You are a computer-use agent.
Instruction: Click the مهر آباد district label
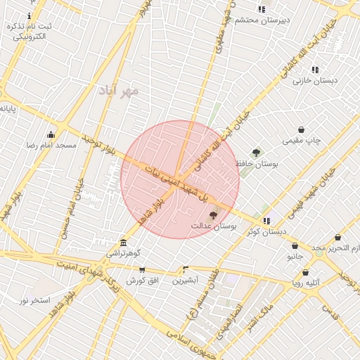coord(120,91)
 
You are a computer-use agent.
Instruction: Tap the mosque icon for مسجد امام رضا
coord(51,135)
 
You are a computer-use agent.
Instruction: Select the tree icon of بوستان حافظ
coord(256,153)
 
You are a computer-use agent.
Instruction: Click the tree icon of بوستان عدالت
coord(214,216)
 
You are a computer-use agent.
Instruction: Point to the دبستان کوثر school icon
coord(266,221)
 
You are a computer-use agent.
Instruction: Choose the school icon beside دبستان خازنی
coord(314,70)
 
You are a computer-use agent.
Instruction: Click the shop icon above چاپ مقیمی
coord(302,130)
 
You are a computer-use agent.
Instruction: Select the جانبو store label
coord(295,257)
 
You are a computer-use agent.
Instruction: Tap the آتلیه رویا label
coord(307,283)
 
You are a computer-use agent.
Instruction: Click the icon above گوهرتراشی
coord(124,243)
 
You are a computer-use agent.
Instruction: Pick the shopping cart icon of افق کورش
coord(142,270)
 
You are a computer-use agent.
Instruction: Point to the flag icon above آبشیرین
coord(186,269)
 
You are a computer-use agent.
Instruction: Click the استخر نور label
coord(34,300)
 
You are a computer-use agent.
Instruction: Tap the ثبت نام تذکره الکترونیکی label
coord(30,31)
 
